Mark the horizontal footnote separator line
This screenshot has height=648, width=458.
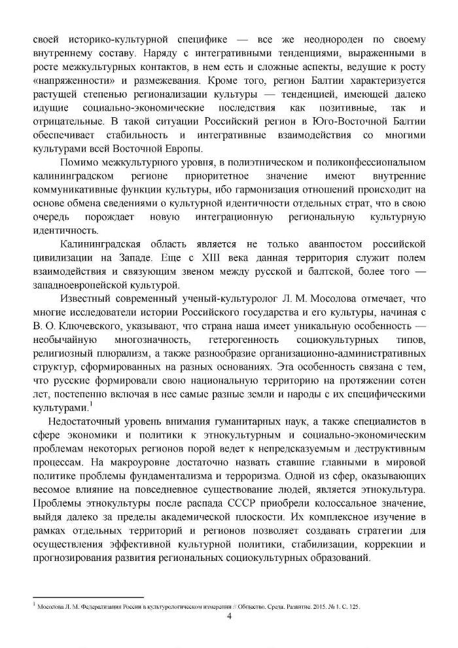click(88, 597)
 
